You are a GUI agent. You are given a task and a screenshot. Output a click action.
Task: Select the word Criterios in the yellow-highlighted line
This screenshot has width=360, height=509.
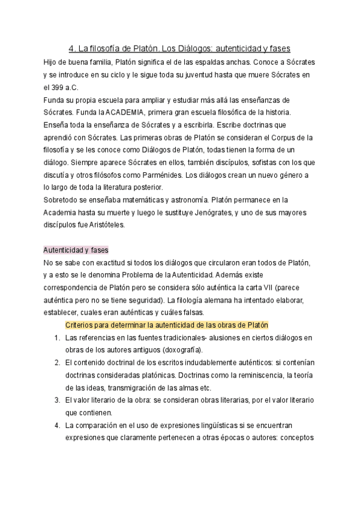(80, 325)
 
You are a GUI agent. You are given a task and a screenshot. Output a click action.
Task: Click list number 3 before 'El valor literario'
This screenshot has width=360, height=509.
(56, 400)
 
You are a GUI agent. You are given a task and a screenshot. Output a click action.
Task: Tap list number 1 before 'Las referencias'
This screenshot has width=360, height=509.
(56, 338)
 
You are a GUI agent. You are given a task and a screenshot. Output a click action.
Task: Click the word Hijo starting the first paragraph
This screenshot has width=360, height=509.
(52, 62)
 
